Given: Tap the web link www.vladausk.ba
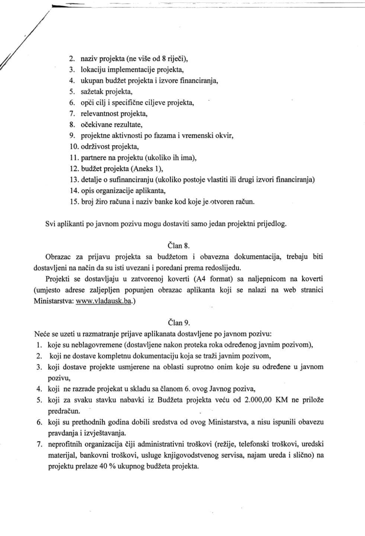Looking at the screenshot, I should (x=104, y=301).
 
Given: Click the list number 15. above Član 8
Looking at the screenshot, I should (x=74, y=201).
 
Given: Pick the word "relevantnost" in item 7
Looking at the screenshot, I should (x=98, y=114).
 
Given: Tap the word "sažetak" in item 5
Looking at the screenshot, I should (x=92, y=92).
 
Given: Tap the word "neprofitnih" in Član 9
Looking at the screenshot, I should (x=65, y=444).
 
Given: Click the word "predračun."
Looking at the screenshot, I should (x=64, y=411).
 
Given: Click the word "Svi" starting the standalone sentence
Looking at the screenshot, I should (x=50, y=224).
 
